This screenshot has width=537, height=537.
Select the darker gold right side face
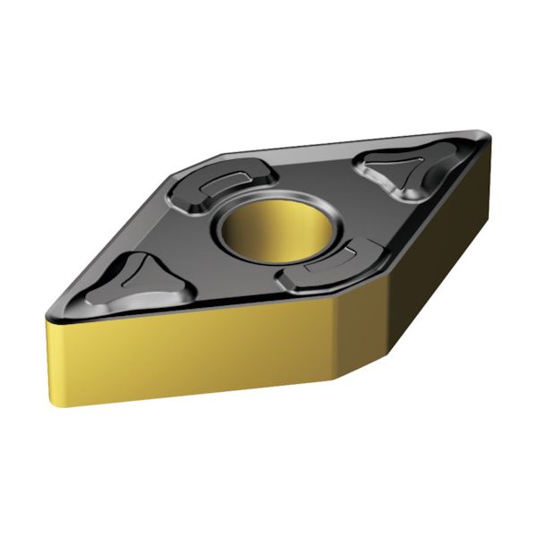point(421,268)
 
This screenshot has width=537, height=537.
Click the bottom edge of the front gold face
point(197,395)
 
